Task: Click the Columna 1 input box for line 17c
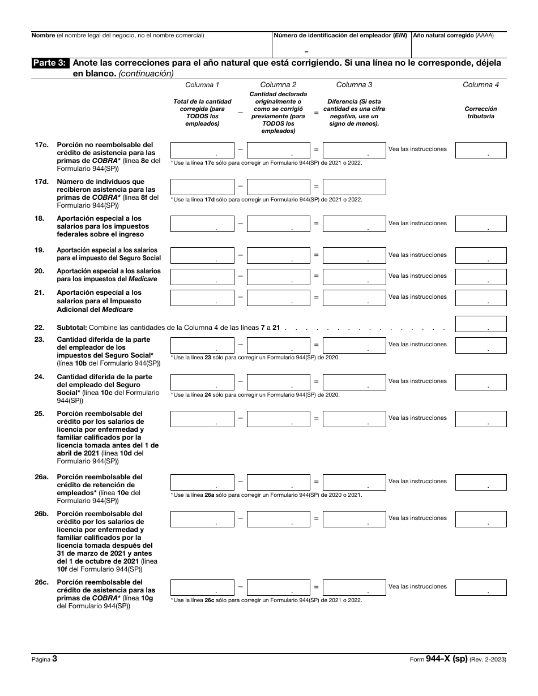point(202,150)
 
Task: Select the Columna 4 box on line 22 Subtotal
point(481,324)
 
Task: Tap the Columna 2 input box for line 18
point(278,224)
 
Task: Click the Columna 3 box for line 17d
point(355,187)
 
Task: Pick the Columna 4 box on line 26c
point(481,587)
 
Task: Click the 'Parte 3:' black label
point(50,63)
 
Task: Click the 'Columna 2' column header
point(278,85)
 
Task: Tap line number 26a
point(41,477)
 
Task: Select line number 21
point(39,293)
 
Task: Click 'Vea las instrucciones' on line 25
point(417,418)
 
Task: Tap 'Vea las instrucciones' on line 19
point(417,255)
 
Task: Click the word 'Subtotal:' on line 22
point(72,328)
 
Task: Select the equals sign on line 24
point(316,381)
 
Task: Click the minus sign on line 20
point(240,276)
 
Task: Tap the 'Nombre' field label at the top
point(43,35)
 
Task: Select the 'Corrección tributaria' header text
point(481,112)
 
